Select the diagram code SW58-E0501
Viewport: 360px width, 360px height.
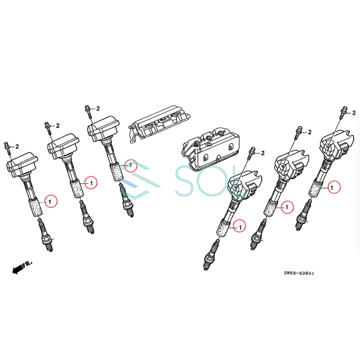coord(299,273)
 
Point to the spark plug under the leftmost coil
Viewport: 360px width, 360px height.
coord(46,236)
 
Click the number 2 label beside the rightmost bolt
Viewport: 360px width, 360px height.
coord(354,113)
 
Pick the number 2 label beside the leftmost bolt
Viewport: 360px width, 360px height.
coord(17,147)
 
